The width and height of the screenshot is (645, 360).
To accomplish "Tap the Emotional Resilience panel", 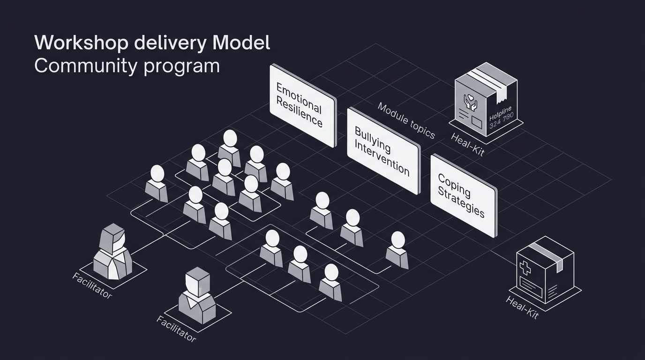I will click(303, 105).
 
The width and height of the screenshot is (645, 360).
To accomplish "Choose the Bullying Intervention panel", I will click(382, 151).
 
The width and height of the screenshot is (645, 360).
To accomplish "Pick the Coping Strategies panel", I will click(463, 195).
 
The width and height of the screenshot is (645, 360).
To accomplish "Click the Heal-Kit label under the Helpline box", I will click(467, 144).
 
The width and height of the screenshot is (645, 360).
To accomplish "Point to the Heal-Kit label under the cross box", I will click(522, 307).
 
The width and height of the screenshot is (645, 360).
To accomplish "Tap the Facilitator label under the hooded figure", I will click(92, 285).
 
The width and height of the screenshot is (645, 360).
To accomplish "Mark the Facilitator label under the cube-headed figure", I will click(176, 329).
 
